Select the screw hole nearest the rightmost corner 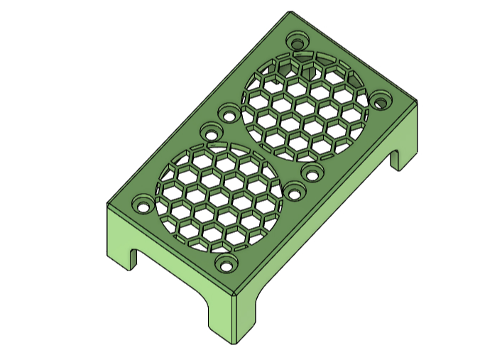382,100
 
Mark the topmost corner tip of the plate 290,12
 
